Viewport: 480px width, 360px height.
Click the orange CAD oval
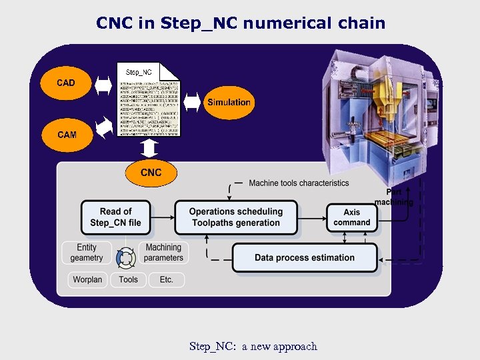(x=66, y=83)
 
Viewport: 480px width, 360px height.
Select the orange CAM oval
(x=67, y=135)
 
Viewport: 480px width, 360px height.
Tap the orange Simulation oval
(x=229, y=103)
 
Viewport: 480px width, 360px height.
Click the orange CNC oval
(x=151, y=173)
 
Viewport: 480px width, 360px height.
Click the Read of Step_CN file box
(x=115, y=217)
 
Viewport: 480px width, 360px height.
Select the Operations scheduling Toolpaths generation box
(x=236, y=217)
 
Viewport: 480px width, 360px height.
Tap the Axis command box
(x=352, y=217)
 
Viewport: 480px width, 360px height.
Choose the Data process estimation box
(x=305, y=258)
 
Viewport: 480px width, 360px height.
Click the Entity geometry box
(x=87, y=253)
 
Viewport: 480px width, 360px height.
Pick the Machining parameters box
(x=163, y=253)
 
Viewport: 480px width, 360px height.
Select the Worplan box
(x=87, y=279)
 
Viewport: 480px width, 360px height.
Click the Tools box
(x=128, y=279)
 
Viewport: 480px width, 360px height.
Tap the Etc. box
(x=166, y=279)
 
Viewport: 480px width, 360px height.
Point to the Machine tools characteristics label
(x=299, y=183)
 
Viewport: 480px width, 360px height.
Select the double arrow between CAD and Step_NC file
(x=105, y=84)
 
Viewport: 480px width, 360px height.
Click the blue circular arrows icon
(x=125, y=257)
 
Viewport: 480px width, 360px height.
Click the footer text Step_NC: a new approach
(x=253, y=346)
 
